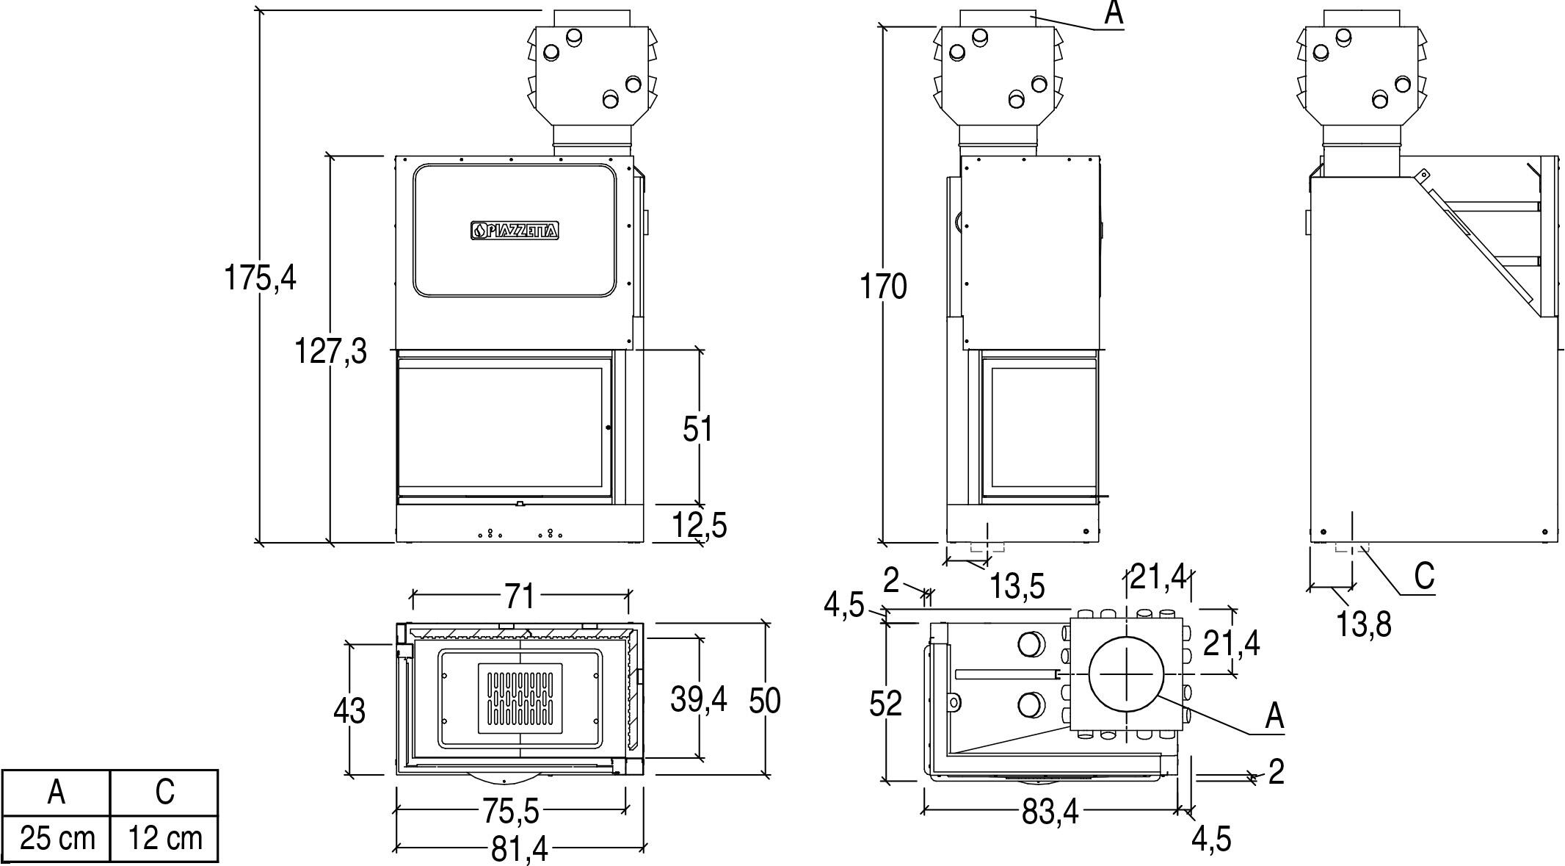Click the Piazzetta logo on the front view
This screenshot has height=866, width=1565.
(x=515, y=231)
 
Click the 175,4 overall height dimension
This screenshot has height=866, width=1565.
(x=260, y=278)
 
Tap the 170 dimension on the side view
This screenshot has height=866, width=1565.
(x=884, y=286)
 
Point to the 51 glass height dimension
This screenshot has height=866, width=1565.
(x=697, y=429)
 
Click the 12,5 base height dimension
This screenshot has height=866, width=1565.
(x=700, y=525)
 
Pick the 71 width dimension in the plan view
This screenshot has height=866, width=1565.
(x=519, y=596)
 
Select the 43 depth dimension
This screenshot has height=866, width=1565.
(x=349, y=711)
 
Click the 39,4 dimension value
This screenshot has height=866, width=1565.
(x=698, y=699)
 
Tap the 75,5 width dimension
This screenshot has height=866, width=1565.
(x=511, y=811)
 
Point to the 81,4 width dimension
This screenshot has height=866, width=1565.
(x=520, y=850)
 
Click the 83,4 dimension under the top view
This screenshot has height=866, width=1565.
(x=1050, y=812)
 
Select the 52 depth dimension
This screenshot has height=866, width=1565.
(x=885, y=704)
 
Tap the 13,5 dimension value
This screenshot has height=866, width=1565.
(x=1017, y=587)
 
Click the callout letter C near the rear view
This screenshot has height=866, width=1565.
(x=1424, y=577)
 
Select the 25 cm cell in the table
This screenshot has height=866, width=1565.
(x=57, y=838)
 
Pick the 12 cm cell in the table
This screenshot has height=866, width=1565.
(x=164, y=838)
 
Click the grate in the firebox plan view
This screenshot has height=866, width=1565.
(x=520, y=699)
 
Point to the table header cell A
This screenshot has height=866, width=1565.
(x=57, y=792)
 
